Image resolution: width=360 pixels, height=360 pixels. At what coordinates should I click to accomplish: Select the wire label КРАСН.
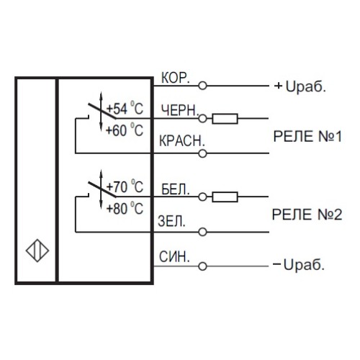[x=181, y=142]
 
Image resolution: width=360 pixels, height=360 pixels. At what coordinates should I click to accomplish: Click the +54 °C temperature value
[x=125, y=109]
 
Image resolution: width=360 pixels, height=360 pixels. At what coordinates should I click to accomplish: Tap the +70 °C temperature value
[x=125, y=188]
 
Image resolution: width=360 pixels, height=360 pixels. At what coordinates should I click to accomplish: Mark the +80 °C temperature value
[x=125, y=210]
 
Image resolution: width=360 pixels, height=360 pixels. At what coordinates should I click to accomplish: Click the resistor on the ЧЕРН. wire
[x=227, y=118]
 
